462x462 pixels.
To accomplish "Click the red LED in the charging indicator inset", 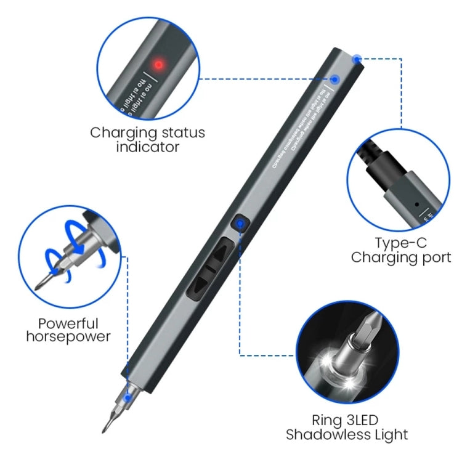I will click(x=158, y=64).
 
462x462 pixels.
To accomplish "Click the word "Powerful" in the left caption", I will click(x=67, y=322).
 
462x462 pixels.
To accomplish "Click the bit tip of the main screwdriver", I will click(x=106, y=426).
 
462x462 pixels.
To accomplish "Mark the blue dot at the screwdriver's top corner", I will click(x=357, y=59).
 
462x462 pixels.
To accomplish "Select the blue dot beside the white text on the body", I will click(x=335, y=79).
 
